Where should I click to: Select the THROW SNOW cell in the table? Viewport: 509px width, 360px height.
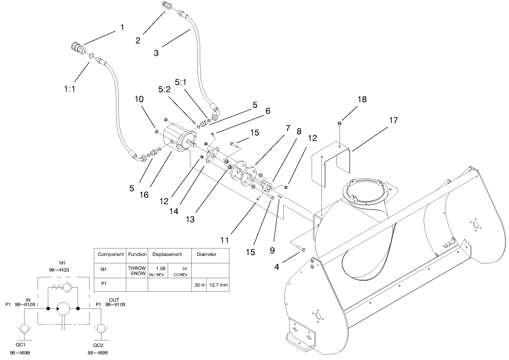tap(137, 271)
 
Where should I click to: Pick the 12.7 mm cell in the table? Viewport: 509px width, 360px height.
tap(218, 285)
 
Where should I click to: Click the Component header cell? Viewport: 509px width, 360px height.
tap(111, 255)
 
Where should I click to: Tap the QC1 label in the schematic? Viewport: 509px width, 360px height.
tap(20, 345)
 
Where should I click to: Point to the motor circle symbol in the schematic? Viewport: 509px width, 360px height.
tap(63, 308)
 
